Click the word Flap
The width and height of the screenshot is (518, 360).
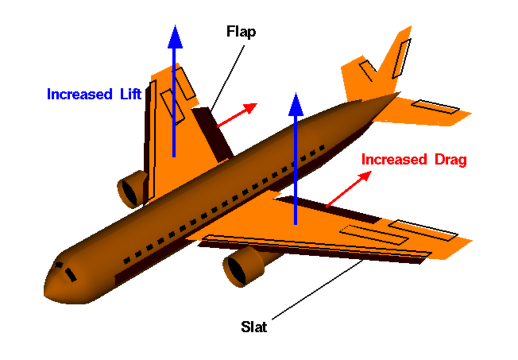click(241, 31)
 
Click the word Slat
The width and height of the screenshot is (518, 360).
click(254, 327)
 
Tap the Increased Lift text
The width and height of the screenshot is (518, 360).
click(94, 95)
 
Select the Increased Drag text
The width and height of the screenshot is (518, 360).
click(414, 160)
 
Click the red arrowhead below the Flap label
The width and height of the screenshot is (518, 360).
click(250, 107)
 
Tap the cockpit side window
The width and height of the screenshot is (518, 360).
click(71, 274)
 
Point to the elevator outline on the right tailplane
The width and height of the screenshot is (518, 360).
click(435, 107)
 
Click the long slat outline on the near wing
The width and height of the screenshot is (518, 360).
click(318, 246)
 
